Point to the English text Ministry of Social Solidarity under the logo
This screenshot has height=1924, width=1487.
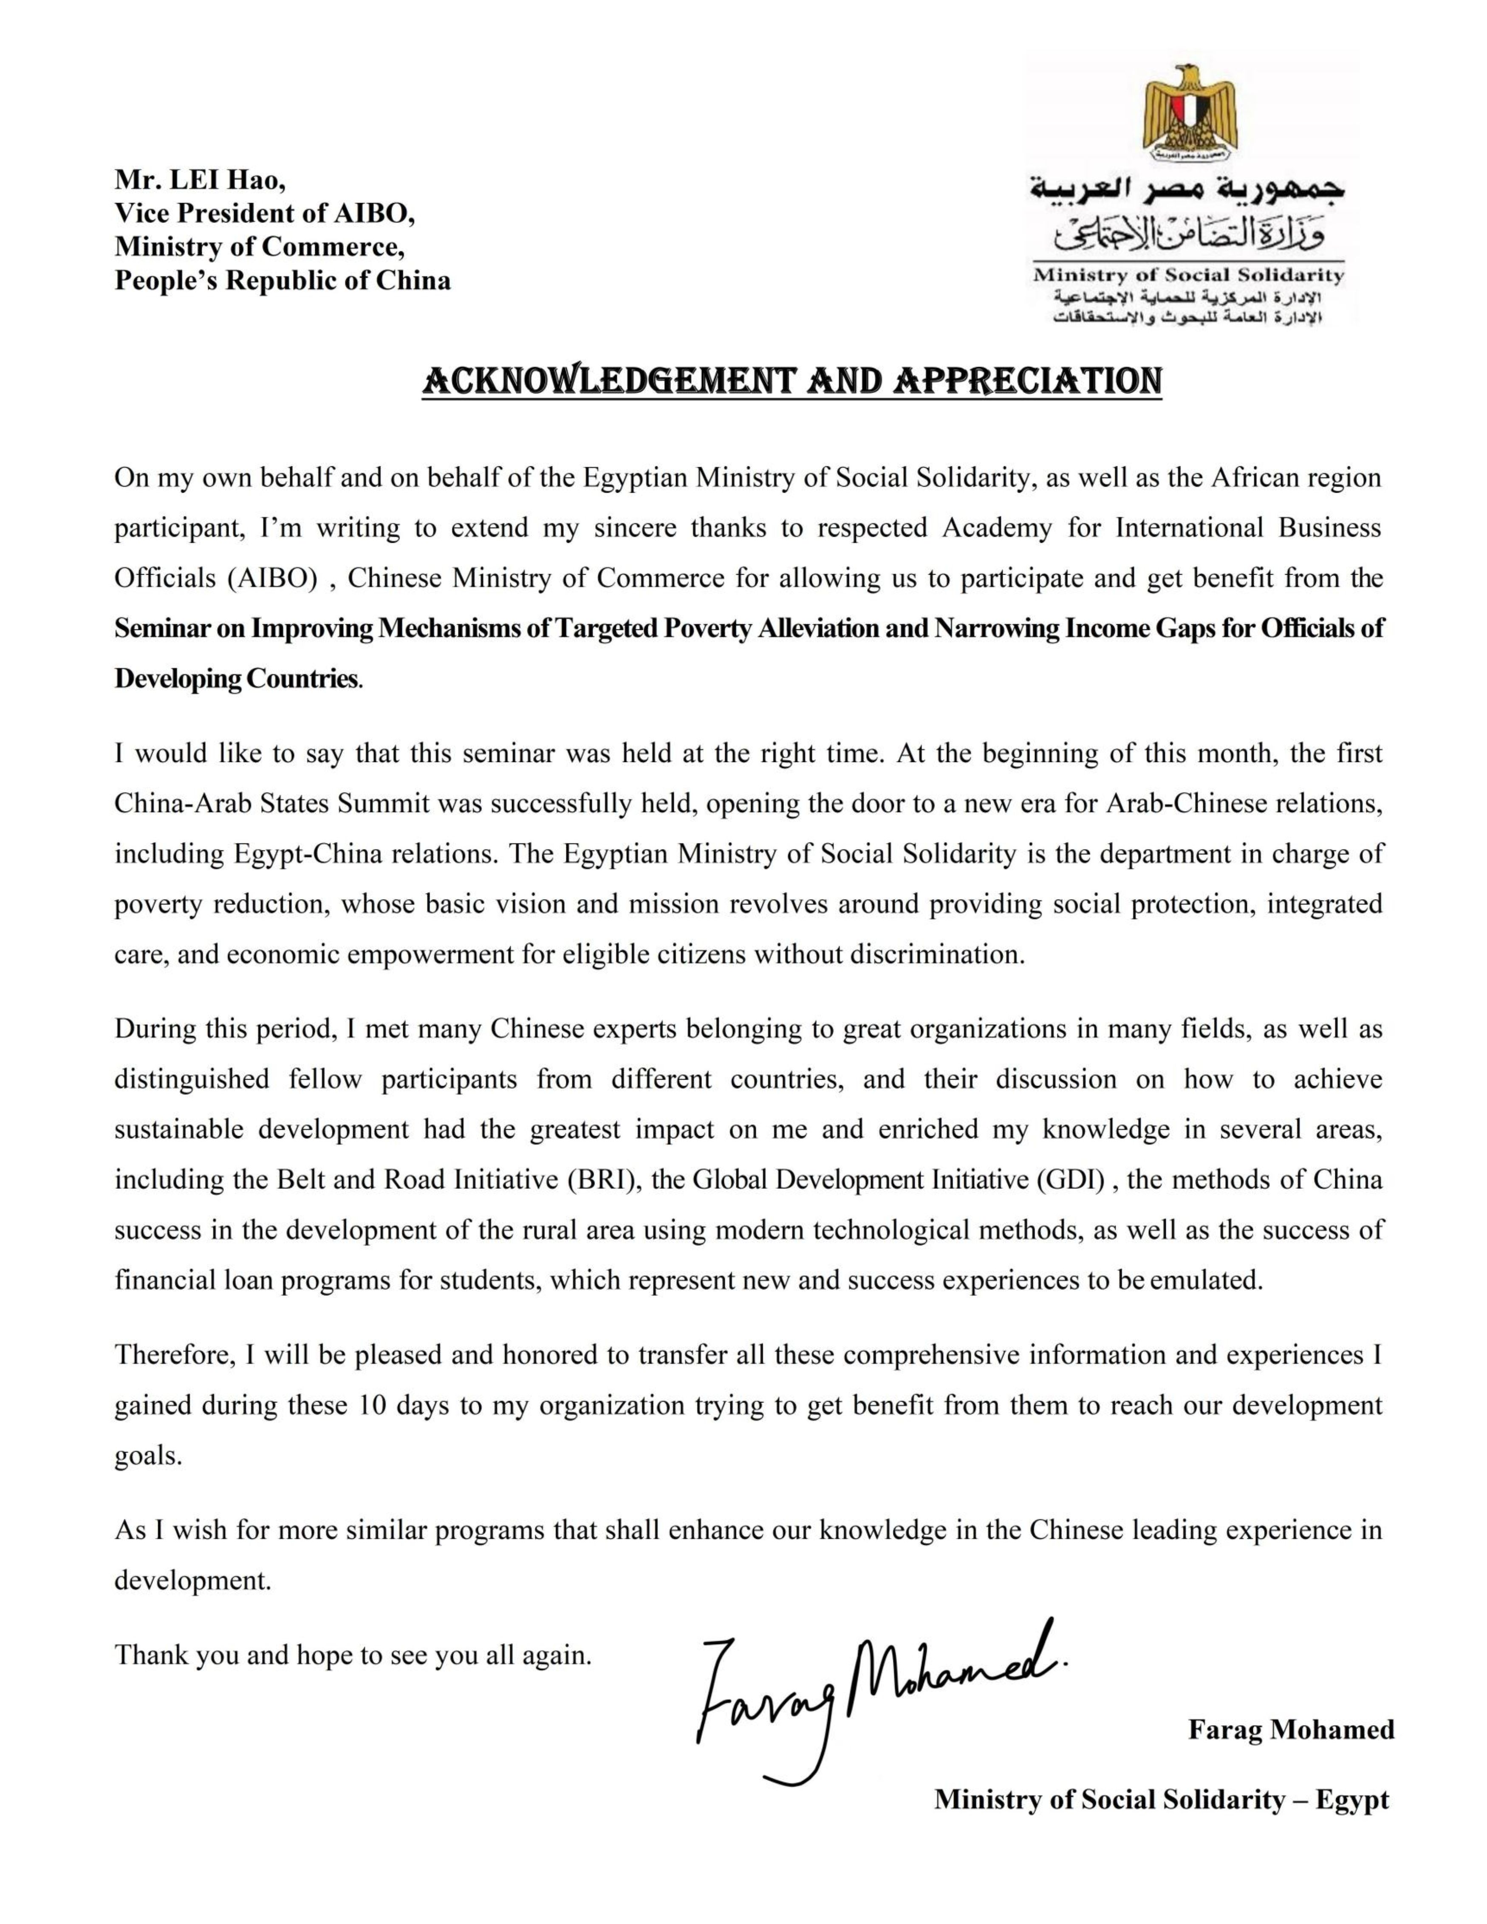[1188, 275]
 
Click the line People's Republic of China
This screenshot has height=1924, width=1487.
[282, 281]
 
